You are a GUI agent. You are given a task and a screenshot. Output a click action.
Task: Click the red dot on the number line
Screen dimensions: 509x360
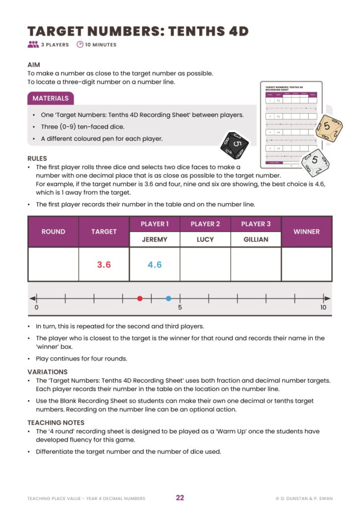140,298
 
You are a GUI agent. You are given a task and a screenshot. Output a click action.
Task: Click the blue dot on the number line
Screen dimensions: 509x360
169,298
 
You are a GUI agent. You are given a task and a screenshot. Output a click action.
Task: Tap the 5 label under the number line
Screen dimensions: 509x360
180,308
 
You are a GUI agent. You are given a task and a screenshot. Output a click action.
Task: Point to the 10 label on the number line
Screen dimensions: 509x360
323,308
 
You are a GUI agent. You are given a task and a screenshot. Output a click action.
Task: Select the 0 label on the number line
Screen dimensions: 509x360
36,308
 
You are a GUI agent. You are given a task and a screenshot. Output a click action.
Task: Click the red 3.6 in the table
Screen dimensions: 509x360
104,264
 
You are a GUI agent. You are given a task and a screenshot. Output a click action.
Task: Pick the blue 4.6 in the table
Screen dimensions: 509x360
155,264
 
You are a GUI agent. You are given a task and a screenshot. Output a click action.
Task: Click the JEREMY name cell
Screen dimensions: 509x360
155,239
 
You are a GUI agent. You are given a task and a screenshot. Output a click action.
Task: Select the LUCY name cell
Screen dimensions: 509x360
205,239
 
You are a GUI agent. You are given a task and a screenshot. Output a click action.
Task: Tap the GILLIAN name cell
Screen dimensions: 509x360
256,239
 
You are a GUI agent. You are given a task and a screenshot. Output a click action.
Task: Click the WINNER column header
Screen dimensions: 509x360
306,232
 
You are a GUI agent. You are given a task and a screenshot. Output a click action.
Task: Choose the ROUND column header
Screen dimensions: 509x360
53,232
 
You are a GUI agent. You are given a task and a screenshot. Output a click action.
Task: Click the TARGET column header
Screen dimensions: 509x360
104,232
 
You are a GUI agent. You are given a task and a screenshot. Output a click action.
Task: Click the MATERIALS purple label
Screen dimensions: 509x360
50,98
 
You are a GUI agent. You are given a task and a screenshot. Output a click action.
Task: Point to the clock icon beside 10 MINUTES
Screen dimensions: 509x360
80,45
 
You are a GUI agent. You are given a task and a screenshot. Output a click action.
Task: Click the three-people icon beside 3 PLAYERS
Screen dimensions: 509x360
33,45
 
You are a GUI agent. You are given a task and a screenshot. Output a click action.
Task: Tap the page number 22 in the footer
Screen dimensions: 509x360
180,498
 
